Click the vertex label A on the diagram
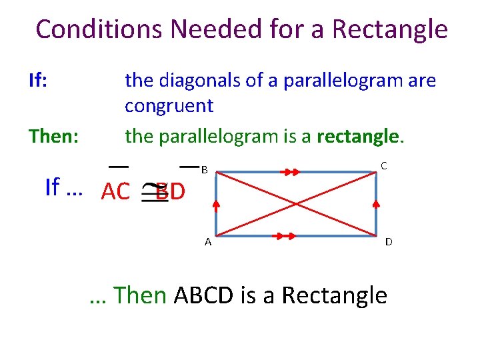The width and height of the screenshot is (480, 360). pos(208,242)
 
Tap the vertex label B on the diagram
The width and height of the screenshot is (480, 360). pos(205,170)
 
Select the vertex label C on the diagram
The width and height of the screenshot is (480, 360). pos(384,165)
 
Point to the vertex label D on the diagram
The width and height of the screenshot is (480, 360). pos(388,242)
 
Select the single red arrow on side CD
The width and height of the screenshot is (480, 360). pos(377,201)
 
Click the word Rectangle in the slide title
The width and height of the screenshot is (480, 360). pos(390,29)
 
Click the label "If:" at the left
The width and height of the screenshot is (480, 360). pos(37,81)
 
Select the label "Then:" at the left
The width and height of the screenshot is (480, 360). pos(53,136)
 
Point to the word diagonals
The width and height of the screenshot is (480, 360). pos(195,81)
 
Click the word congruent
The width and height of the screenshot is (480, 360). pos(169,105)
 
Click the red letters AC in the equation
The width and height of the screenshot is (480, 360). pos(115,191)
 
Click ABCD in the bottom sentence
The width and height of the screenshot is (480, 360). pos(203,294)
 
